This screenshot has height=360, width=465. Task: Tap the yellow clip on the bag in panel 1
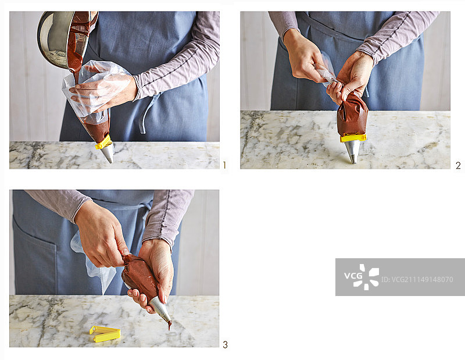(x=104, y=142)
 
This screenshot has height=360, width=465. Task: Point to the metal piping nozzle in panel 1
(x=108, y=153)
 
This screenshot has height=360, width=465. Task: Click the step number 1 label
(x=224, y=165)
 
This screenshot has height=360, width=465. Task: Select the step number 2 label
(x=458, y=165)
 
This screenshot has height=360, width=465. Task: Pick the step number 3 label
(x=226, y=345)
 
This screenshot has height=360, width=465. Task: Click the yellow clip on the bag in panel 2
(x=353, y=138)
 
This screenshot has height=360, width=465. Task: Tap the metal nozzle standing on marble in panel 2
(x=353, y=152)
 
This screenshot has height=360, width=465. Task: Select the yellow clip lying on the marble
(x=105, y=334)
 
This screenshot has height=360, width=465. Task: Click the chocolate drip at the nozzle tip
(x=170, y=326)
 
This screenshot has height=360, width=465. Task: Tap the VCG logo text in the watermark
(x=353, y=276)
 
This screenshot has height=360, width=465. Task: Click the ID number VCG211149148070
(x=417, y=280)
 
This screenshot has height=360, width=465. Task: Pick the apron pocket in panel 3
(x=34, y=258)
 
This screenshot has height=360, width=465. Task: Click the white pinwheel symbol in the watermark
(x=366, y=277)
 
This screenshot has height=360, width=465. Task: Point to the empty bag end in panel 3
(x=92, y=261)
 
